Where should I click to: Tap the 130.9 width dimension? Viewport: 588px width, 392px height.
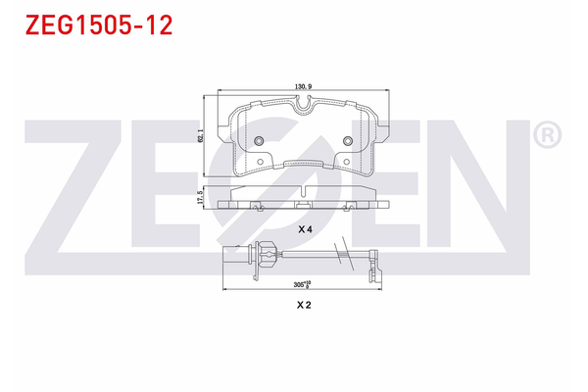[x=303, y=88]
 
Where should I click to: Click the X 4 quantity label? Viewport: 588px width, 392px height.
[x=304, y=227]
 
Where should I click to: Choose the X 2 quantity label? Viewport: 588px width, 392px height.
[x=304, y=306]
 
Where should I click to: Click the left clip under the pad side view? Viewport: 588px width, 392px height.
[x=255, y=207]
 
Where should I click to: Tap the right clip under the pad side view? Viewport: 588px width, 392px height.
[x=353, y=207]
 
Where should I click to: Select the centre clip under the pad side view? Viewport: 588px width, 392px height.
[x=298, y=207]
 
